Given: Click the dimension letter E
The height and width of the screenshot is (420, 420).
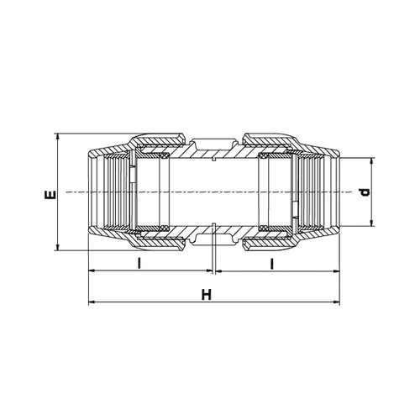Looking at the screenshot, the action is coord(50,195).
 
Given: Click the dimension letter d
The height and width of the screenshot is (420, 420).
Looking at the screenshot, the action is coord(365,192).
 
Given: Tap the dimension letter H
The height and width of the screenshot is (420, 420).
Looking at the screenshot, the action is coord(207,295).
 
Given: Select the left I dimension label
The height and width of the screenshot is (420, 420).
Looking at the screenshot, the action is coord(139,263).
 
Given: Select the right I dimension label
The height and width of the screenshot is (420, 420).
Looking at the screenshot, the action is coord(271,264).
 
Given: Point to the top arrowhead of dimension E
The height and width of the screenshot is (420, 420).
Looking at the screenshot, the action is coord(58,136).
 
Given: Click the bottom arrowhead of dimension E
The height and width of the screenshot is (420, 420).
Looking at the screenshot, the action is coord(58,247).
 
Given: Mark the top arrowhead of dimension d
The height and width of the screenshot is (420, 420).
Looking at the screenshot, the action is coord(372,161).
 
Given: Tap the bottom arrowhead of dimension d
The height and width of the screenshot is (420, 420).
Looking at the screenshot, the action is coord(372,223).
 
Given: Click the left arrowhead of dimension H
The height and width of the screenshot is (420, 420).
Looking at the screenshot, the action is coord(92,302).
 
